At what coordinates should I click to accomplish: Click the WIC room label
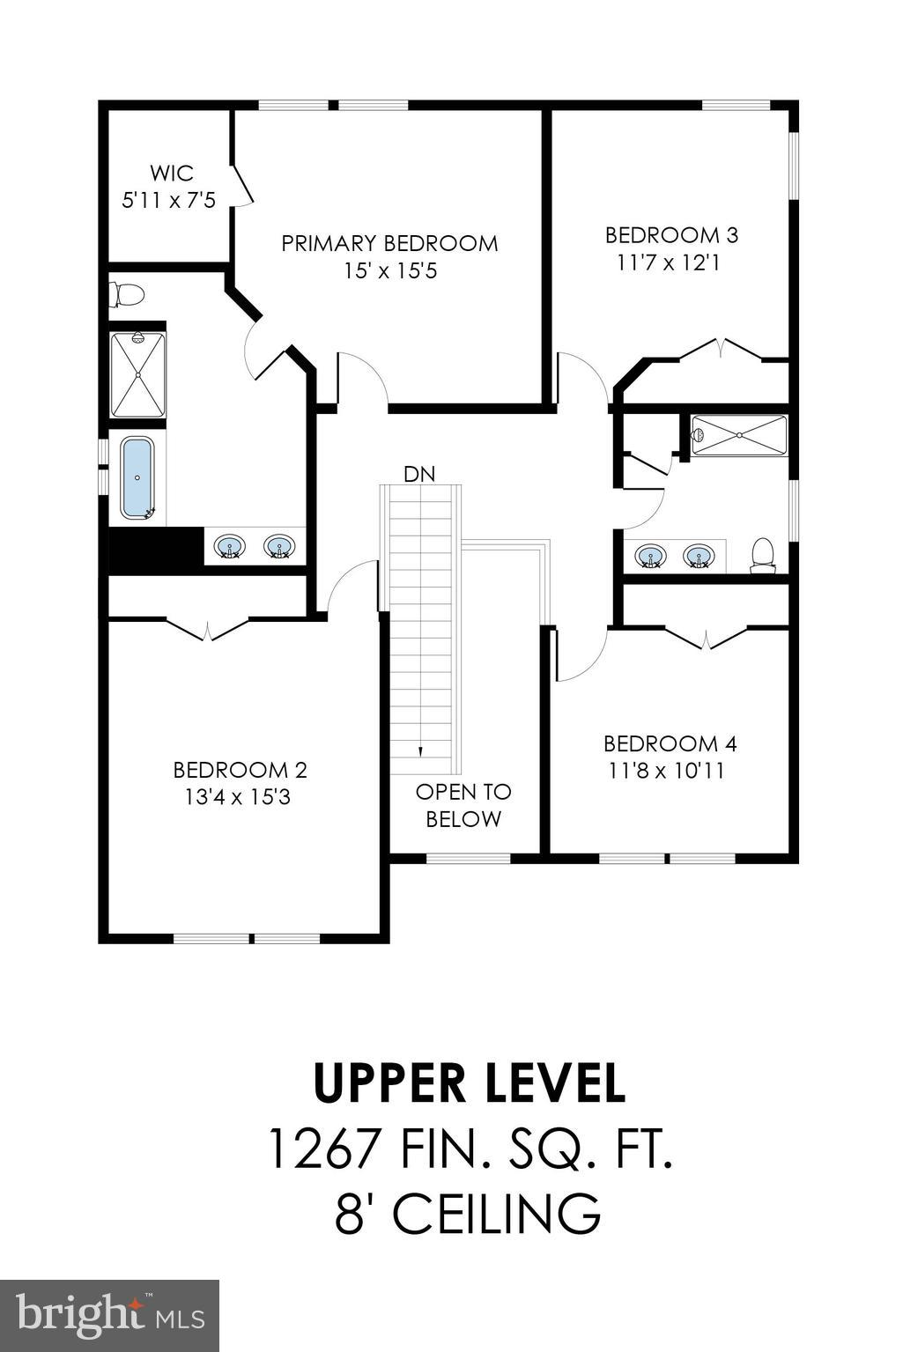coord(171,173)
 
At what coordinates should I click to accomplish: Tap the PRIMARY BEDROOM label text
coord(389,243)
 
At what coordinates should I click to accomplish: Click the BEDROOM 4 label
coord(670,743)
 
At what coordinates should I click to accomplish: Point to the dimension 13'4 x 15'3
coord(239,797)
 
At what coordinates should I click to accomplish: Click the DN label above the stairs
coord(419,474)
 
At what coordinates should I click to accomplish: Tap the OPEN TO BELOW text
coord(463,805)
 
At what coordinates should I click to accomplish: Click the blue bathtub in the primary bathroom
coord(137,477)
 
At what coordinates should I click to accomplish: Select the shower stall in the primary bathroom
coord(137,374)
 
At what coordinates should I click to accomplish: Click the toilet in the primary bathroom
coord(128,294)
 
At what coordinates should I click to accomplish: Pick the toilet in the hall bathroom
coord(762,555)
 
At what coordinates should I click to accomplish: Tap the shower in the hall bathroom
coord(738,435)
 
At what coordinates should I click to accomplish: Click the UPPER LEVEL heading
coord(470,1084)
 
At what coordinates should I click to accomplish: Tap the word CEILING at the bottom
coord(496,1213)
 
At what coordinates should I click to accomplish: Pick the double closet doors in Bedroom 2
coord(207,629)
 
